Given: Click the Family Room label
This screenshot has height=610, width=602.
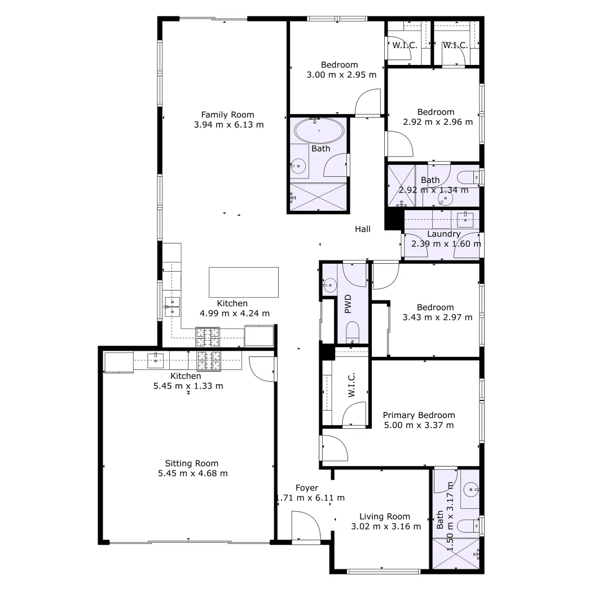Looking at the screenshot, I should coord(227,115).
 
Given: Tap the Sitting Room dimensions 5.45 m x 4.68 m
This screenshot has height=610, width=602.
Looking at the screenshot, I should coord(193,473).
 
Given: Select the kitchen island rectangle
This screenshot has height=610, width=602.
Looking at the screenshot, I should coord(244,282).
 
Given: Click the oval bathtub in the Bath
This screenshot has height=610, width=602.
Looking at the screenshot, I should coord(319,130).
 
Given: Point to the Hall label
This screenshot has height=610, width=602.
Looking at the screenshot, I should coord(363,229).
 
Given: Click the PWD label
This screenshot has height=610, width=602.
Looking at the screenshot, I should coord(348,304).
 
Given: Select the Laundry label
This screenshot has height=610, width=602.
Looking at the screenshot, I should coord(444,234).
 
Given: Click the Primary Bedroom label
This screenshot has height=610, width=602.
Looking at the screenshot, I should coord(418,415).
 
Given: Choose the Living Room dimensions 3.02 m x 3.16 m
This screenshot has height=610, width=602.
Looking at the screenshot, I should coord(385,526).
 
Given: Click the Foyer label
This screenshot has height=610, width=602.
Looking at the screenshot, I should coord(307,488).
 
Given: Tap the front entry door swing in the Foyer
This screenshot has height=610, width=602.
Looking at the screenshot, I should coord(305,526).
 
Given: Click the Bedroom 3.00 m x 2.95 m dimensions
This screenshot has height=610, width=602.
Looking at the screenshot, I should coord(340,75).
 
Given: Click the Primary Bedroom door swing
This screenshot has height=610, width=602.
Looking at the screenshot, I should coord(334,448).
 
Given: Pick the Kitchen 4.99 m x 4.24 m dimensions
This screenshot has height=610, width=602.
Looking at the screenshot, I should coord(235,313).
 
